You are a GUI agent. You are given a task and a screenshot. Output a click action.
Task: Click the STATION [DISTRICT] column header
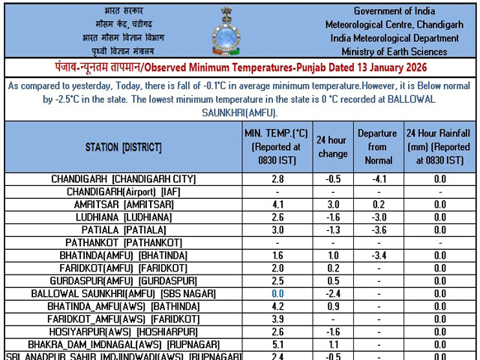coord(122,147)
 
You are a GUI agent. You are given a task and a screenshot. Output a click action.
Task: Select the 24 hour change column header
coord(332,147)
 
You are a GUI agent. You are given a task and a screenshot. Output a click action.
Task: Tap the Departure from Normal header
coord(377,146)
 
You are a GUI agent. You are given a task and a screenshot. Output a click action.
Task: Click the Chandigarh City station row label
coord(123,179)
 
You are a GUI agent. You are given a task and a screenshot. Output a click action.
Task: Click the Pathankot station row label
coord(123,243)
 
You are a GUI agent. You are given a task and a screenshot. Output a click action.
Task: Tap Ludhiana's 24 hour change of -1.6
coord(332,217)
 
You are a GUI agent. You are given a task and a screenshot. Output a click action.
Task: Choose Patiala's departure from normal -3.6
coord(377,230)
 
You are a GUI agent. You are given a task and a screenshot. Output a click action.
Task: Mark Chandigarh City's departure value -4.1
coord(377,179)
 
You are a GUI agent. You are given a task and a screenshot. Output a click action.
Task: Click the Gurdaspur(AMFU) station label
coord(123,281)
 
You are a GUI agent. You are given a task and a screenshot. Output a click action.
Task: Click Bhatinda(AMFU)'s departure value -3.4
coord(377,256)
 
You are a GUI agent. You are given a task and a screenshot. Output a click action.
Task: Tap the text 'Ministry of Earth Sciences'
coord(394,52)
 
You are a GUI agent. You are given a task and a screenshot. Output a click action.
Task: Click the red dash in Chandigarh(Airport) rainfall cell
coord(439,192)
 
